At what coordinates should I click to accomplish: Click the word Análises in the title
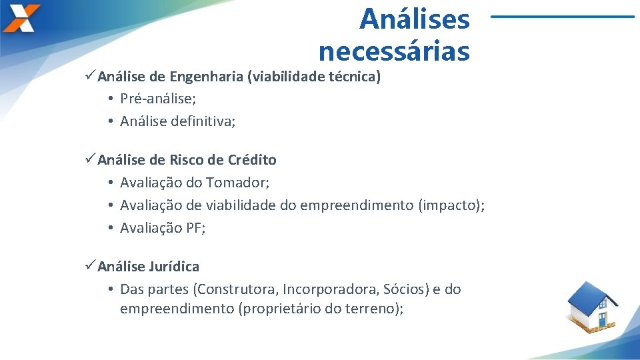pyautogui.click(x=414, y=19)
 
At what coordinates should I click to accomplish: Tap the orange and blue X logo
pyautogui.click(x=21, y=18)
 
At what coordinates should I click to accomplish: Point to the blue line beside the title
pyautogui.click(x=563, y=16)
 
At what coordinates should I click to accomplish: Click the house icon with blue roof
pyautogui.click(x=593, y=307)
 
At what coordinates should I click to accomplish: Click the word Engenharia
pyautogui.click(x=206, y=77)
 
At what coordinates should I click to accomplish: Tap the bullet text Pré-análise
pyautogui.click(x=157, y=99)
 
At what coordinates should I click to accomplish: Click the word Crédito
pyautogui.click(x=252, y=160)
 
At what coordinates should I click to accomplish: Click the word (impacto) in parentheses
pyautogui.click(x=451, y=205)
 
